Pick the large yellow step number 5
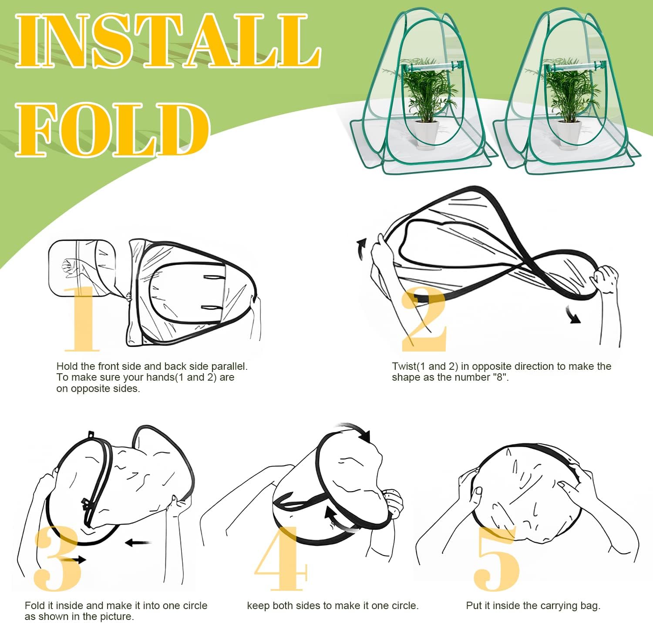click(x=496, y=559)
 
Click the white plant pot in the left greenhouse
click(x=426, y=134)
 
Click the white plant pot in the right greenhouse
click(x=569, y=134)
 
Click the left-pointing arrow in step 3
click(x=138, y=543)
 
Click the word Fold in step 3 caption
click(x=34, y=605)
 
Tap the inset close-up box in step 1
click(x=83, y=268)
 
